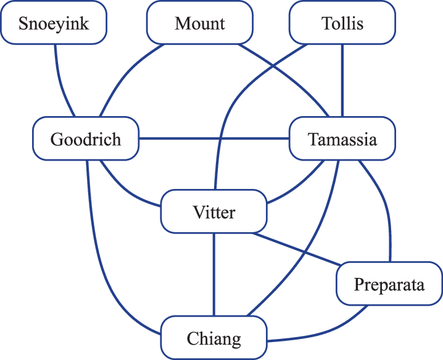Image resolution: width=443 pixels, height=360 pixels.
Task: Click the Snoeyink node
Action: (54, 23)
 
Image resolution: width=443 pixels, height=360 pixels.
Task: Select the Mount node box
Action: (199, 23)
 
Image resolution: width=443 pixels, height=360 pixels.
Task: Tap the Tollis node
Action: (342, 23)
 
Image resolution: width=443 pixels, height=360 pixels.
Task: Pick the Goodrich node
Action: (86, 139)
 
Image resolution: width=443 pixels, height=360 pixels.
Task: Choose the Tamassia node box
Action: (342, 139)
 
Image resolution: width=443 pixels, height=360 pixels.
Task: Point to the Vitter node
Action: (213, 212)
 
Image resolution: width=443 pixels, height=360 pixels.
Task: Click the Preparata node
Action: (389, 284)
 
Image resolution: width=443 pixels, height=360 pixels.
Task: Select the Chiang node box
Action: (213, 338)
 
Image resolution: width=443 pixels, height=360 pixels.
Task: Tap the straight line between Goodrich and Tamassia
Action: (213, 138)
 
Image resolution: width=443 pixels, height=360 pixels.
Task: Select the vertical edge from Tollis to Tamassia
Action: (342, 80)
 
